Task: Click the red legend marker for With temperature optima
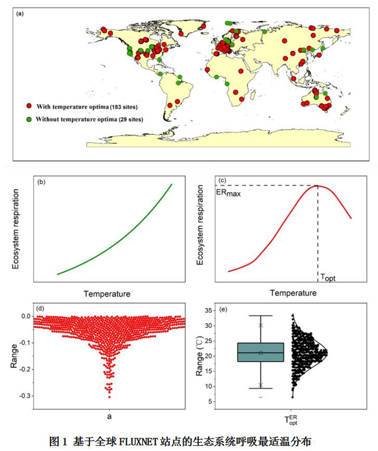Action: [x=29, y=108]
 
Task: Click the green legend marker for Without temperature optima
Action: [x=29, y=119]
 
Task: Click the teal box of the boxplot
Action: [x=260, y=352]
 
